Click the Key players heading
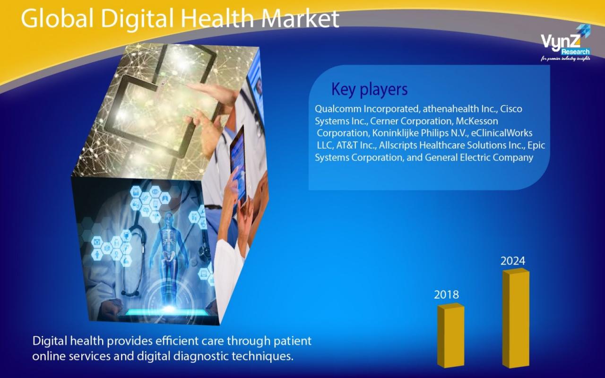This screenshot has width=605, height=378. pos(369,89)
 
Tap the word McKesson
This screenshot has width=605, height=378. pos(477,121)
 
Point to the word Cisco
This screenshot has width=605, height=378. pos(511,109)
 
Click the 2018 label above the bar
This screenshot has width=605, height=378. pos(446,295)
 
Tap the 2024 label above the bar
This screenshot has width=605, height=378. pos(513,261)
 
